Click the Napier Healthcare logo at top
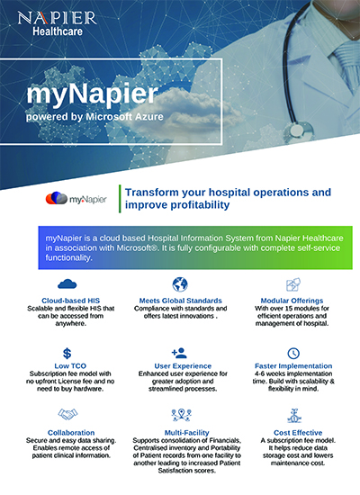coord(58,23)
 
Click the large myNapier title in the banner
coord(92,94)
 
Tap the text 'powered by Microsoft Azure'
coord(94,117)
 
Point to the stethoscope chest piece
coord(298,130)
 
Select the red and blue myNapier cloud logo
coord(56,198)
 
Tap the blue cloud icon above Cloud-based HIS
coord(67,283)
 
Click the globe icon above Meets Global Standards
coord(180,284)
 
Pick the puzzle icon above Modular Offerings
coord(293,284)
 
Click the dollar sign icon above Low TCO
coord(67,354)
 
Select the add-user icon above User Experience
coord(179,353)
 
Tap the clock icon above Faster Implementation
coord(293,354)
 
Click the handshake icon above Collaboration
coord(67,414)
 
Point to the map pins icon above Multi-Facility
coord(181,415)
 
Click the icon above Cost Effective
coord(294,416)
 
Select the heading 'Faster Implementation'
coord(293,366)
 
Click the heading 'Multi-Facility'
coord(186,433)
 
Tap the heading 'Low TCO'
coord(70,366)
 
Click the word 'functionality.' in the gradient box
coord(68,257)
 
